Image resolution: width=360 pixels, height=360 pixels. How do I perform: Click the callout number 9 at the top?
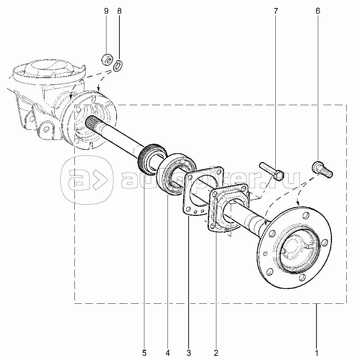[106, 11]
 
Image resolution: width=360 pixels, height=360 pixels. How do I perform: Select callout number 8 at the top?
[119, 11]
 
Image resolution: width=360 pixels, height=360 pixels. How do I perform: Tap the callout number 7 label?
[276, 11]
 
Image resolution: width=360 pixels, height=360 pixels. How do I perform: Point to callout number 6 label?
[318, 11]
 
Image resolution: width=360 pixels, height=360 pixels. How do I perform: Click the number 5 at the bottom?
[144, 353]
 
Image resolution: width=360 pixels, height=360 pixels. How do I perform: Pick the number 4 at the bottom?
[168, 353]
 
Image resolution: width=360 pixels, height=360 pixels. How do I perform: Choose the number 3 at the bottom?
[189, 353]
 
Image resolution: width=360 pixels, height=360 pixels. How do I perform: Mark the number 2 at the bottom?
[216, 353]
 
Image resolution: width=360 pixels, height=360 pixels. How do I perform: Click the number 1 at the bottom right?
[316, 353]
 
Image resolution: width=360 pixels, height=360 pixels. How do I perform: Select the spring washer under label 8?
[118, 66]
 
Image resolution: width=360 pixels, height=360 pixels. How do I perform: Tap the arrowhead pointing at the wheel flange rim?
[298, 202]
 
